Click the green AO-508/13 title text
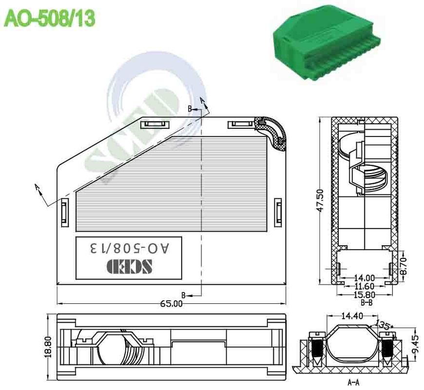click(x=49, y=19)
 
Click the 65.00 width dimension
click(x=172, y=303)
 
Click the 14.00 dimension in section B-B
click(x=364, y=276)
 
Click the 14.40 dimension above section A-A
click(x=352, y=316)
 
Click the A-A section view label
click(x=353, y=383)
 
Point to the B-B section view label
click(x=364, y=302)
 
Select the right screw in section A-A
click(x=388, y=349)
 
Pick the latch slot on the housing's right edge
click(x=278, y=213)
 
